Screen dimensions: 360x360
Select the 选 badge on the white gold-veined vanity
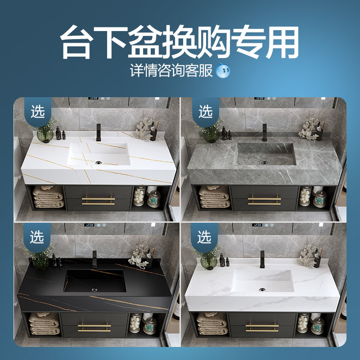coord(38,111)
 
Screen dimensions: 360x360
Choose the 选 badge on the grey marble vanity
coord(205,111)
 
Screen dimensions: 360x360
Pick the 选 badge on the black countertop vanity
coord(38,236)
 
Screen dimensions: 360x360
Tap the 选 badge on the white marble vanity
coord(205,236)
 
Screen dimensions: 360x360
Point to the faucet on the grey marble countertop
coord(265,131)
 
